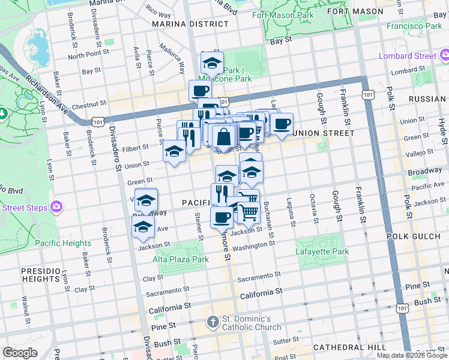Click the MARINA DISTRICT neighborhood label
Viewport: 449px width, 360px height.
pyautogui.click(x=190, y=24)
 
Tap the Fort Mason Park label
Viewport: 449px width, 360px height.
pyautogui.click(x=283, y=15)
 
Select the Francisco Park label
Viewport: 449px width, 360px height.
pyautogui.click(x=414, y=26)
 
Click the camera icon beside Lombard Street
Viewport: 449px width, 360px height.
pyautogui.click(x=445, y=56)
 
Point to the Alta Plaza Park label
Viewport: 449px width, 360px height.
pyautogui.click(x=180, y=259)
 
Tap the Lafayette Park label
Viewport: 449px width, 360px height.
pyautogui.click(x=322, y=252)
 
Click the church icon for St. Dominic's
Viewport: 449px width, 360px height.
pyautogui.click(x=212, y=322)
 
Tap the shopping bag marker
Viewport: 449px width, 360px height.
pyautogui.click(x=223, y=136)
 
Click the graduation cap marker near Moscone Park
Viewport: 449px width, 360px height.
pyautogui.click(x=212, y=62)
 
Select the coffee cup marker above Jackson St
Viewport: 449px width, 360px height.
pyautogui.click(x=221, y=216)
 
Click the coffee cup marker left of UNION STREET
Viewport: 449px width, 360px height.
pyautogui.click(x=282, y=124)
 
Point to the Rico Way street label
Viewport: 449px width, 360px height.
pyautogui.click(x=158, y=11)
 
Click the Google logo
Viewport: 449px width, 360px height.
pyautogui.click(x=20, y=352)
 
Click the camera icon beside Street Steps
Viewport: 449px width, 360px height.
pyautogui.click(x=56, y=207)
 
